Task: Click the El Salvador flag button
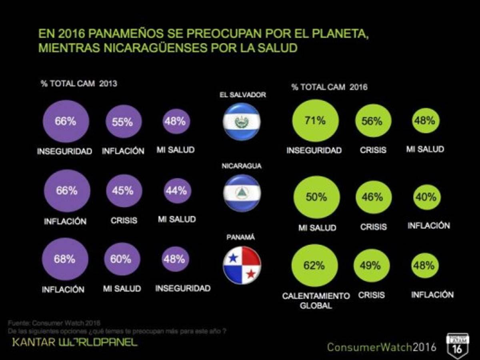coord(242,122)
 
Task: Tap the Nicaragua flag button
coord(242,193)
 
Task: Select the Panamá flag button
coord(242,265)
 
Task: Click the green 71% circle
coord(316,121)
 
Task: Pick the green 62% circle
coord(315,266)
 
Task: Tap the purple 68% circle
coord(65,259)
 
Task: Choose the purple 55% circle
coord(123,122)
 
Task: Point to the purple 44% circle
coord(177,191)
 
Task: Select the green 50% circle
coord(316,197)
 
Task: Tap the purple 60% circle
coord(122,259)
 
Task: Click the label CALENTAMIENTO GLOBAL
coord(316,301)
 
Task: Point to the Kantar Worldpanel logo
coord(74,342)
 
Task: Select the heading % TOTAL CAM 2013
coord(78,84)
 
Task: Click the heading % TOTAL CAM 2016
coord(329,87)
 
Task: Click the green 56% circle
coord(373,121)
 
